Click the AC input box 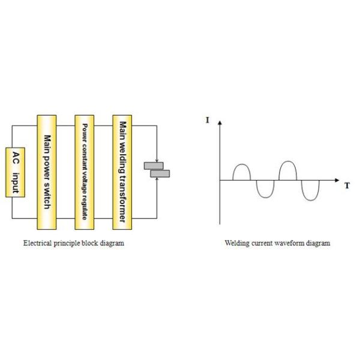pyautogui.click(x=16, y=172)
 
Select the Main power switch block pyautogui.click(x=47, y=172)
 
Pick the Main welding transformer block pyautogui.click(x=122, y=172)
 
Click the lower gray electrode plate pyautogui.click(x=160, y=174)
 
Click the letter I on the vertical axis pyautogui.click(x=208, y=121)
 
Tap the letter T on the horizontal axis pyautogui.click(x=347, y=186)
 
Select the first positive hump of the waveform pyautogui.click(x=241, y=172)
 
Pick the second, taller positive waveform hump pyautogui.click(x=288, y=169)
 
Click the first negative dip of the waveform pyautogui.click(x=264, y=188)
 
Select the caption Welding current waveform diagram pyautogui.click(x=277, y=243)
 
